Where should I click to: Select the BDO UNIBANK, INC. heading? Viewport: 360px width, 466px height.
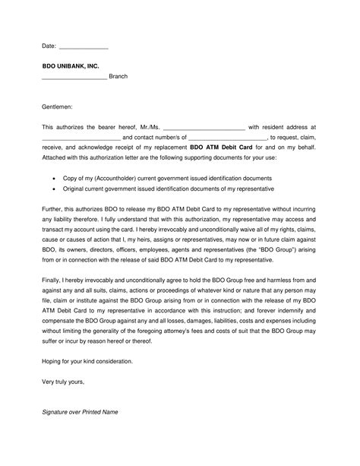coord(71,66)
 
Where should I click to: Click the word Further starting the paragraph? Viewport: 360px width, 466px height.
coord(55,207)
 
